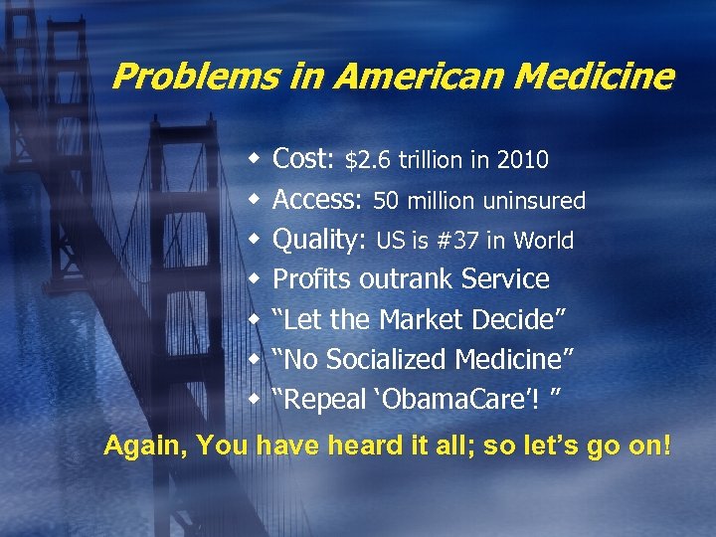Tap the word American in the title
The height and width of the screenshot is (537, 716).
tap(381, 76)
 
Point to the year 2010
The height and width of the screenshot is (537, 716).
tap(523, 160)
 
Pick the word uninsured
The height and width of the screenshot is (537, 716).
tap(534, 201)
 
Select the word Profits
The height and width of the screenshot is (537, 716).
tap(313, 279)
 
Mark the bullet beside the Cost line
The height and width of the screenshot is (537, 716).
tap(256, 159)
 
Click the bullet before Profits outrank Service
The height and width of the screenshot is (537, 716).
tap(256, 278)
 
